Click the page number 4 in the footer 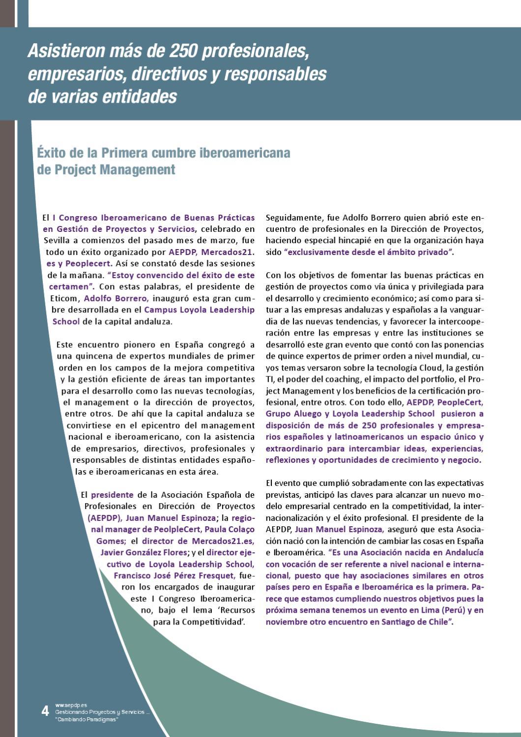(x=45, y=710)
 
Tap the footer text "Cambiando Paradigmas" (x=87, y=719)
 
